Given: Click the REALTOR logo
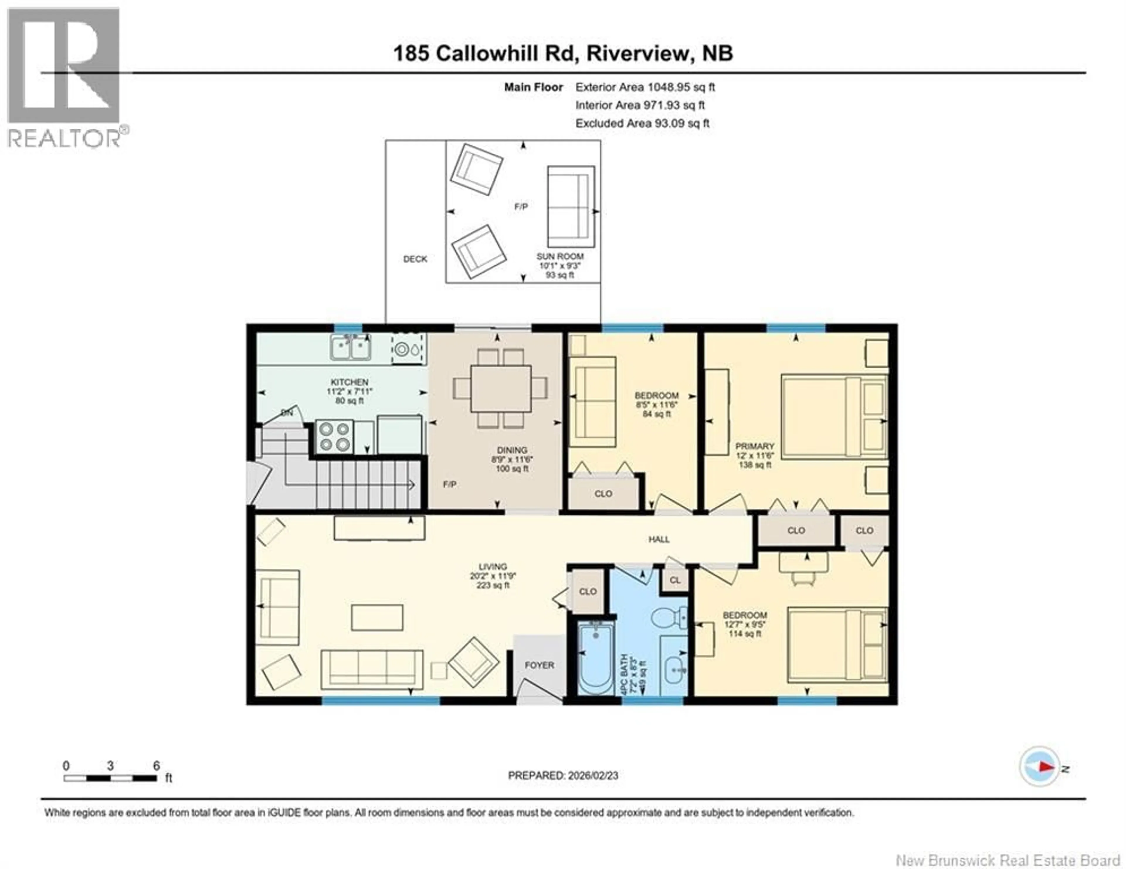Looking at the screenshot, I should point(65,77).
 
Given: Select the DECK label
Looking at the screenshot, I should point(415,259).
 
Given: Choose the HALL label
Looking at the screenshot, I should point(659,539).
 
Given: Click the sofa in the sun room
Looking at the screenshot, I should point(570,206).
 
